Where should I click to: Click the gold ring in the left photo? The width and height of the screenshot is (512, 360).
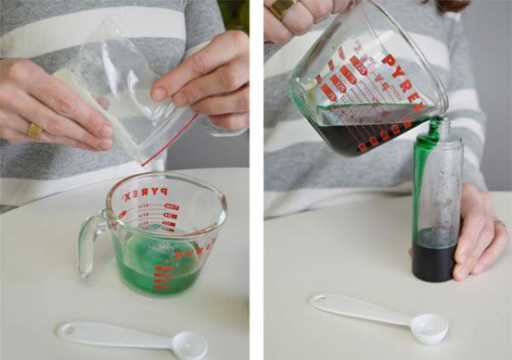pyautogui.click(x=33, y=131)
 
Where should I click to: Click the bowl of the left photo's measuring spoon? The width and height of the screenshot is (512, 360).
pyautogui.click(x=189, y=344)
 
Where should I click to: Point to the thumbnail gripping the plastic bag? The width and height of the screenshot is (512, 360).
pyautogui.click(x=160, y=93)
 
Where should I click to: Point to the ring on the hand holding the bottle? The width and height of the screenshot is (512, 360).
pyautogui.click(x=498, y=224)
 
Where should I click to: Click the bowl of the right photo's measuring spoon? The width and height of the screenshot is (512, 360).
pyautogui.click(x=428, y=327)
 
